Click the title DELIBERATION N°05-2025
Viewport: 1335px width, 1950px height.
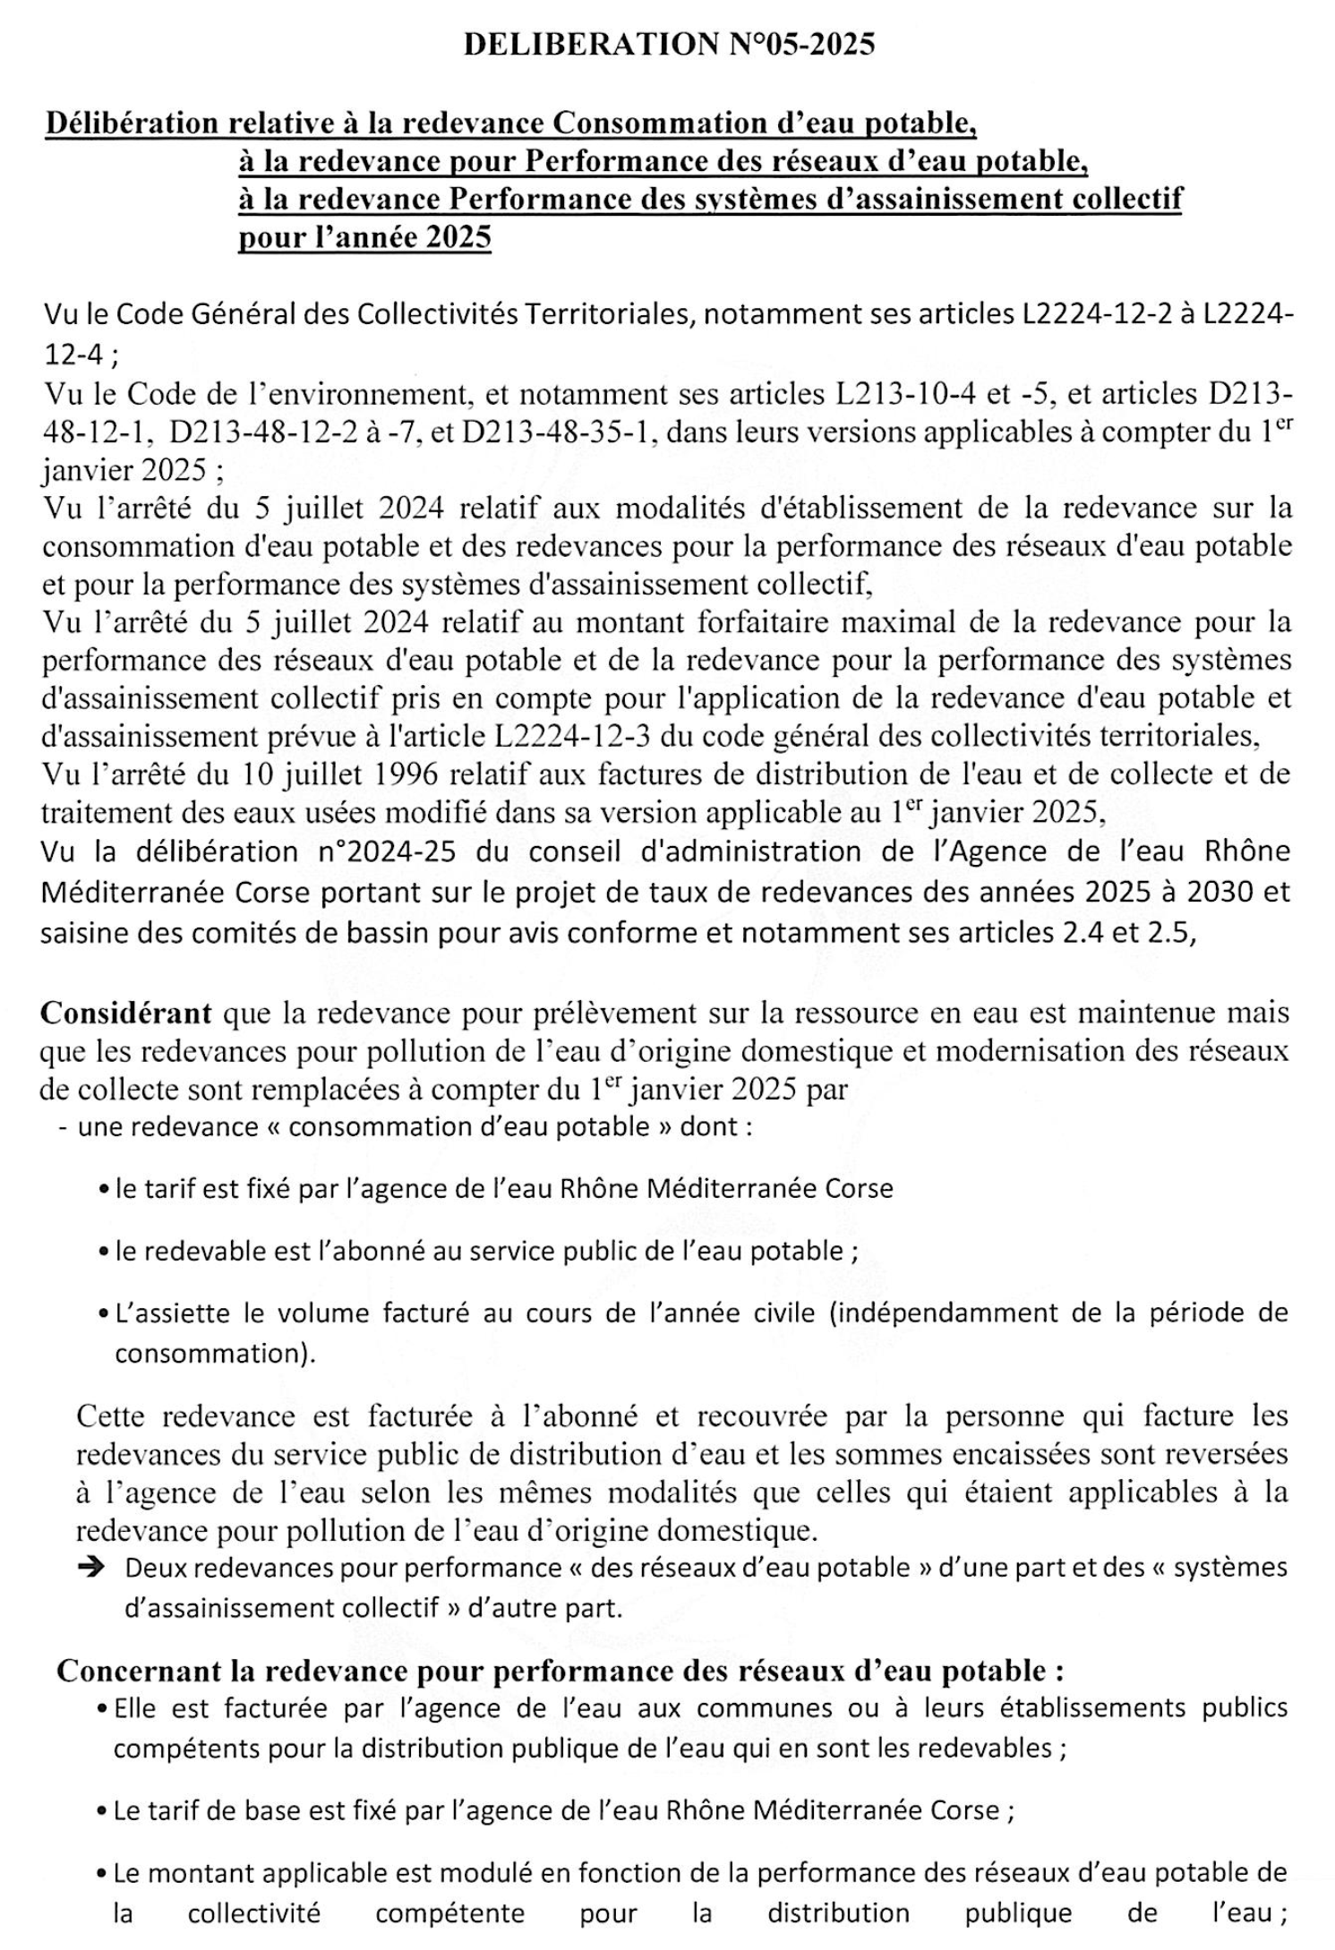click(x=668, y=44)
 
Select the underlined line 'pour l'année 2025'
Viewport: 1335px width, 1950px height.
click(x=364, y=237)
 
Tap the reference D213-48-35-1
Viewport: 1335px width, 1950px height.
click(x=556, y=432)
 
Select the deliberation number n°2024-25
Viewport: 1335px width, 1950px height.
click(x=387, y=851)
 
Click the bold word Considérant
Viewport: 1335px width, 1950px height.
click(x=126, y=1012)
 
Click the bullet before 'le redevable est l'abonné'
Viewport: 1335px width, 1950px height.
click(x=104, y=1252)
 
